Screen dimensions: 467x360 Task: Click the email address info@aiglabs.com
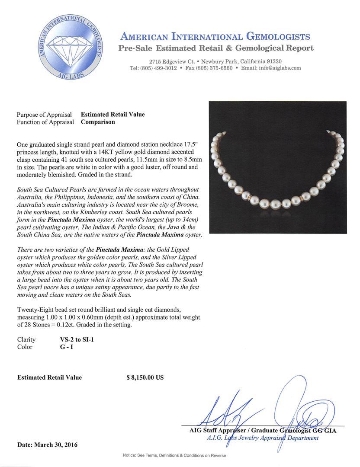pos(277,68)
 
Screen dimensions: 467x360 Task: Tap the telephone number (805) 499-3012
pos(159,68)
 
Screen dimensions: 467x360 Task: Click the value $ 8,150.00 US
pos(145,377)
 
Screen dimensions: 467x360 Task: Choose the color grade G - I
pos(67,347)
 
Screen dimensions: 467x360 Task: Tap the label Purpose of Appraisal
pos(44,115)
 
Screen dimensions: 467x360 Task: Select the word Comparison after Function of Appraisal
pos(98,122)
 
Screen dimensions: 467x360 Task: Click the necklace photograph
pos(277,167)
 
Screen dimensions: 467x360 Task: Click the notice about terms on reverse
pos(174,455)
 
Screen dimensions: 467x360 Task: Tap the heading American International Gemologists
pos(215,36)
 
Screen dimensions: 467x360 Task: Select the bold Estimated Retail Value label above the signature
pos(49,377)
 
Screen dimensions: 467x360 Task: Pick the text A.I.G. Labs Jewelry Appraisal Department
pos(263,438)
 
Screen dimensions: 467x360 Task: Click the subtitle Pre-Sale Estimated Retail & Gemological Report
pos(216,48)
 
